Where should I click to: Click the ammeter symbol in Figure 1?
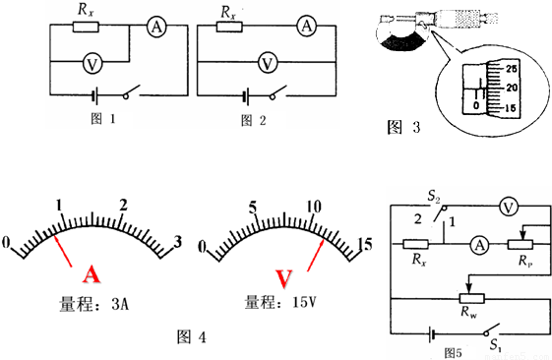pos(156,27)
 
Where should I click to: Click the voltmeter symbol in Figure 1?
pos(92,64)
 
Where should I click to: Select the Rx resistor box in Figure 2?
pos(229,27)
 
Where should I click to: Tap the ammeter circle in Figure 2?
pos(307,26)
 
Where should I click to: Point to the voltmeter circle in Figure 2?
pos(268,63)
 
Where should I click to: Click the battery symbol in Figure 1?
pos(94,96)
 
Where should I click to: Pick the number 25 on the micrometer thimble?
pos(511,69)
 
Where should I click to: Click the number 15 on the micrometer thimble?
pos(510,108)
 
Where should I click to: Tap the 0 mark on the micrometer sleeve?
pos(476,105)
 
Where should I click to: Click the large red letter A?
pos(92,274)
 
